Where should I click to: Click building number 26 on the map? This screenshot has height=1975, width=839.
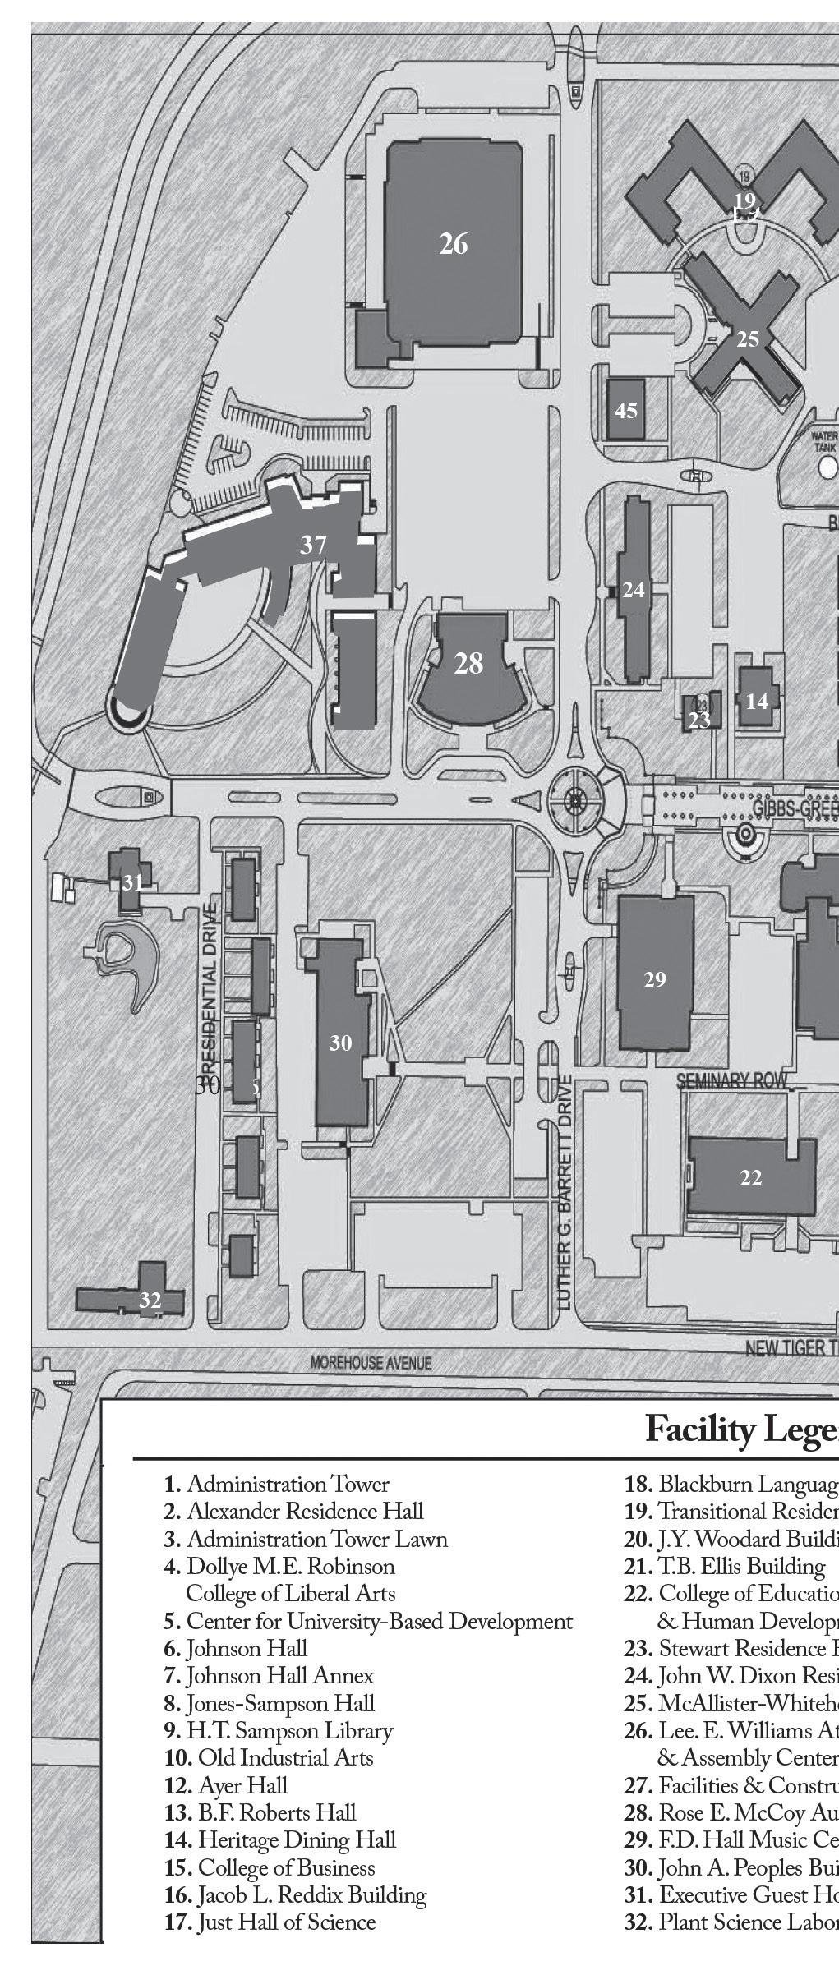pyautogui.click(x=454, y=244)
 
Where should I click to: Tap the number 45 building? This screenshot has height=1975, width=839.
pyautogui.click(x=626, y=410)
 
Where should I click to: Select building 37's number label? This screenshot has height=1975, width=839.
pyautogui.click(x=313, y=545)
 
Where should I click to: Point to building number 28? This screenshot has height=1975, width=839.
pyautogui.click(x=468, y=664)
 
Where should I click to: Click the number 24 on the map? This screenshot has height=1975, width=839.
pyautogui.click(x=634, y=590)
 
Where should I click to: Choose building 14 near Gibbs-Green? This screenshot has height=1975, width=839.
pyautogui.click(x=757, y=701)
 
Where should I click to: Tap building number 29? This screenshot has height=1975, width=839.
pyautogui.click(x=655, y=979)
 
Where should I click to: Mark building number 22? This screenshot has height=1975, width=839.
pyautogui.click(x=751, y=1177)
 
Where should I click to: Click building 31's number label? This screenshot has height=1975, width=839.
pyautogui.click(x=132, y=882)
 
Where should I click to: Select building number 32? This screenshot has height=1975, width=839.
pyautogui.click(x=150, y=1301)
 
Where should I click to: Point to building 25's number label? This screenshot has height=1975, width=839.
pyautogui.click(x=748, y=338)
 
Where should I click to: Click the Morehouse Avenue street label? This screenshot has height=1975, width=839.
pyautogui.click(x=371, y=1363)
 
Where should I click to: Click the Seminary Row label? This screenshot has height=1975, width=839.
pyautogui.click(x=732, y=1080)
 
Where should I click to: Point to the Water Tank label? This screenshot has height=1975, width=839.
pyautogui.click(x=824, y=443)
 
